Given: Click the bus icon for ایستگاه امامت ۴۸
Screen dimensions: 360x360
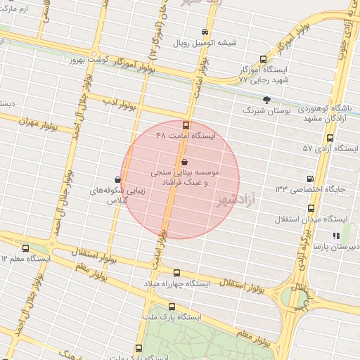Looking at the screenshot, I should [x=186, y=124].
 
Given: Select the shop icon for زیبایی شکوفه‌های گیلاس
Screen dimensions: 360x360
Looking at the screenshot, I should [x=117, y=179].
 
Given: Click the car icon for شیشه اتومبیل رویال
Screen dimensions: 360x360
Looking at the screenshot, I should [x=205, y=32].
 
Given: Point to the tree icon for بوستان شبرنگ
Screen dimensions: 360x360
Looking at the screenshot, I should [x=266, y=100].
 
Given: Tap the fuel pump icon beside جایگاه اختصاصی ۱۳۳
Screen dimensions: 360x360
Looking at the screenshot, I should [x=311, y=179].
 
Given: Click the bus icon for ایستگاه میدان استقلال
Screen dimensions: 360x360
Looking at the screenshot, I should [x=311, y=207].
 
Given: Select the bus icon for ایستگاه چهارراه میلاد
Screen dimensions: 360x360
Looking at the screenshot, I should [x=176, y=274].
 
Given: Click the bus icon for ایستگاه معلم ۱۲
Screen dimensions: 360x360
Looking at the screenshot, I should [x=26, y=248].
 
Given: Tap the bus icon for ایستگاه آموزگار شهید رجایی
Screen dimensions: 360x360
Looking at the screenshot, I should [x=263, y=60].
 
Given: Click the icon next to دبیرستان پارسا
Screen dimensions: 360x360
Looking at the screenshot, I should [x=336, y=236].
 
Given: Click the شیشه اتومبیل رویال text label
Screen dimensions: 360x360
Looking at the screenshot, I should [x=206, y=43].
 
